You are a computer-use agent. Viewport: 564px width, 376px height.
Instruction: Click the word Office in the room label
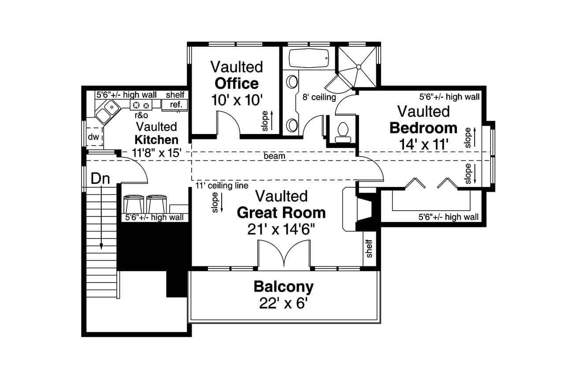[x=236, y=83]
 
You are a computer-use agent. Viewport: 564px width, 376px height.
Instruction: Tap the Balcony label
[x=283, y=287]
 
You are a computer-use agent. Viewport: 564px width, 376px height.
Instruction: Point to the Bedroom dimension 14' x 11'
[x=423, y=144]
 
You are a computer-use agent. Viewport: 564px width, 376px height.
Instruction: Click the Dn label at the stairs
[x=100, y=179]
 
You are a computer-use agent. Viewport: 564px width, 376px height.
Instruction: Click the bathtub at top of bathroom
[x=308, y=58]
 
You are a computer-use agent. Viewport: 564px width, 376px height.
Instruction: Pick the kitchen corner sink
[x=106, y=111]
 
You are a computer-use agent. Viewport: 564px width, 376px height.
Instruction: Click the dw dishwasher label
[x=93, y=137]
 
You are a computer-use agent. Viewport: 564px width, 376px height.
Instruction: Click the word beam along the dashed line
[x=275, y=156]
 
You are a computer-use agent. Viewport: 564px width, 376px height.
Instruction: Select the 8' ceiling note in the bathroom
[x=319, y=97]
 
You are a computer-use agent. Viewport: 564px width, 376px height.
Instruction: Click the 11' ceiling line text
[x=222, y=186]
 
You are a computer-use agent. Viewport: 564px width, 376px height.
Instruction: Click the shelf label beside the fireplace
[x=369, y=248]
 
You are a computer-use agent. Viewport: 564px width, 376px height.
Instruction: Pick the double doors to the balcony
[x=284, y=256]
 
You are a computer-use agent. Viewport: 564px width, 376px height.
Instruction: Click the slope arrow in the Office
[x=271, y=120]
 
